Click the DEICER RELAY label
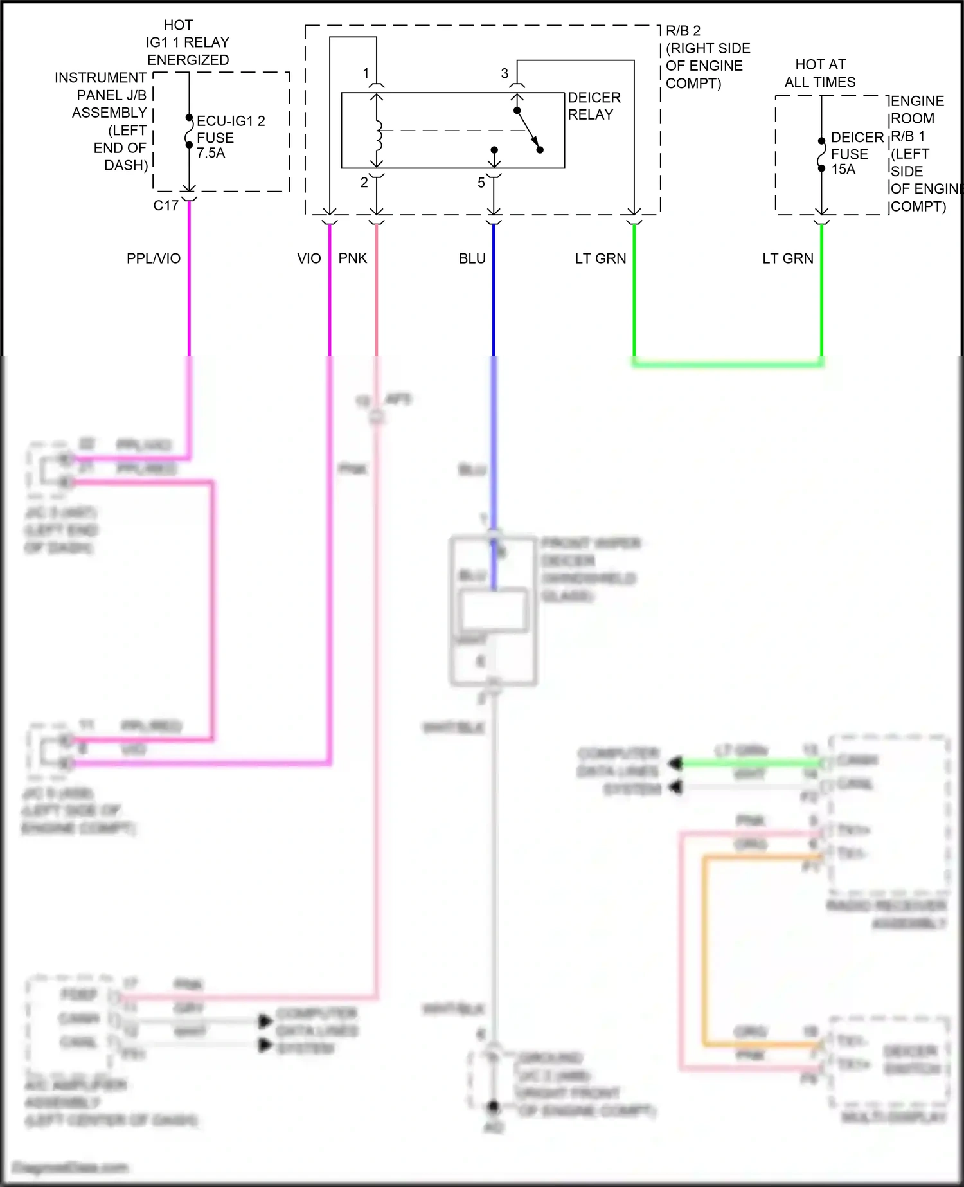[594, 106]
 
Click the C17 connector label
[166, 206]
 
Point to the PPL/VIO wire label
[154, 258]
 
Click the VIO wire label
[308, 258]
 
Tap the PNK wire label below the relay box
[353, 258]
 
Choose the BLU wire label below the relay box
[472, 258]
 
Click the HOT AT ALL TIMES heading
[820, 73]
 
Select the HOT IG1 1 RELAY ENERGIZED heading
[186, 42]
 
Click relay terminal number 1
[366, 73]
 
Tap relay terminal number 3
[504, 73]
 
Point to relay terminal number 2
[364, 183]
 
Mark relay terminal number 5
[481, 183]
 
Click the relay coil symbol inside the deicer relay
[378, 131]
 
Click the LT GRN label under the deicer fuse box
[787, 258]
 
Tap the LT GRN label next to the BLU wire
[600, 258]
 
